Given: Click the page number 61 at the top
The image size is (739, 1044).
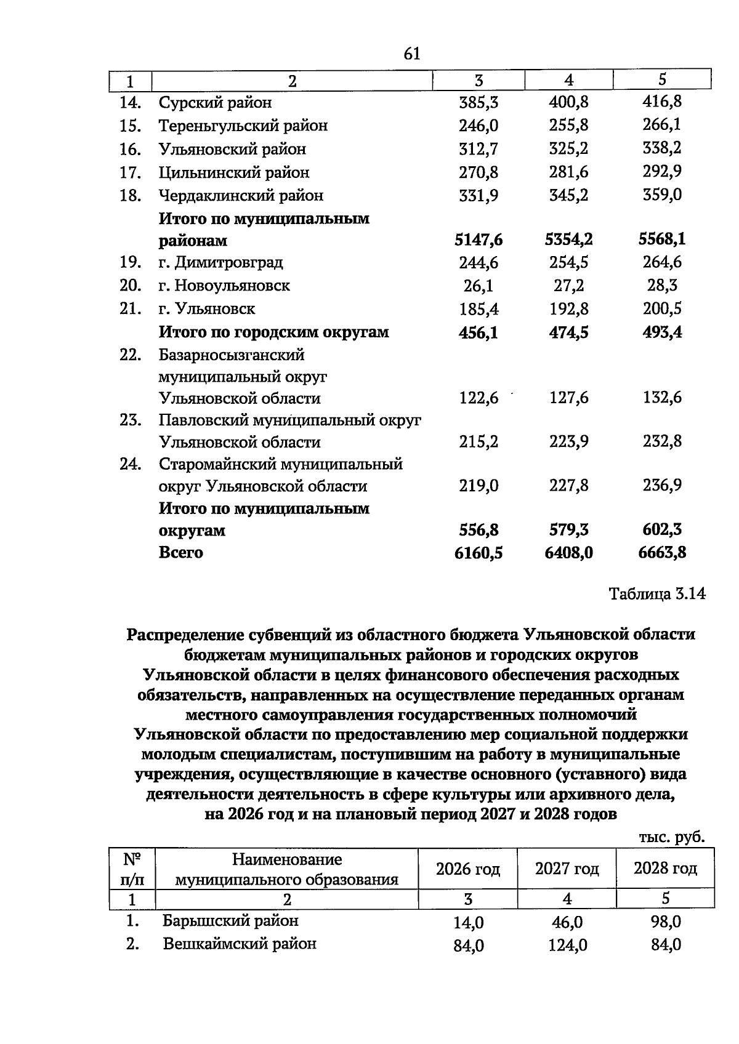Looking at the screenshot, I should [x=412, y=54].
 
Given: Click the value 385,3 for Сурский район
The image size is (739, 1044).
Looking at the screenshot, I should [x=479, y=102].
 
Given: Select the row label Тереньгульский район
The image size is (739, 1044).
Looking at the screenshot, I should [x=243, y=126].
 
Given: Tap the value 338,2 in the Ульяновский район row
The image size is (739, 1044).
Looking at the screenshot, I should [x=662, y=148].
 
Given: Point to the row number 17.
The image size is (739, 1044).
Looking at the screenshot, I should [x=131, y=172].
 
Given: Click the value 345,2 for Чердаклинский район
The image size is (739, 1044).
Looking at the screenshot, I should [x=568, y=196].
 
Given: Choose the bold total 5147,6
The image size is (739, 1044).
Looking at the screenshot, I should [x=479, y=240].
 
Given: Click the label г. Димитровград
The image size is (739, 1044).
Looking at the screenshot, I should [x=221, y=263].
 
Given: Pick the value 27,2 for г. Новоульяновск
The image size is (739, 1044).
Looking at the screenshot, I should [x=568, y=286].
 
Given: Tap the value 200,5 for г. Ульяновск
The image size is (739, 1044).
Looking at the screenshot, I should [x=662, y=308].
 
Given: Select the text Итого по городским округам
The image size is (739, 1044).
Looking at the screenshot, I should [x=274, y=332].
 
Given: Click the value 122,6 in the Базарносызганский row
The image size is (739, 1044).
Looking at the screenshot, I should [x=479, y=398].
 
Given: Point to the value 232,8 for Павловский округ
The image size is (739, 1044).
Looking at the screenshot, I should [x=662, y=441].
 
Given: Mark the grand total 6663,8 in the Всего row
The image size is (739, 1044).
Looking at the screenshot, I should [x=662, y=553].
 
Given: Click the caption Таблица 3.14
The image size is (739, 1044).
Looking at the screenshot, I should [x=656, y=594].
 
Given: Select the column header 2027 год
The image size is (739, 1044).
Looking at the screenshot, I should [x=567, y=869].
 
